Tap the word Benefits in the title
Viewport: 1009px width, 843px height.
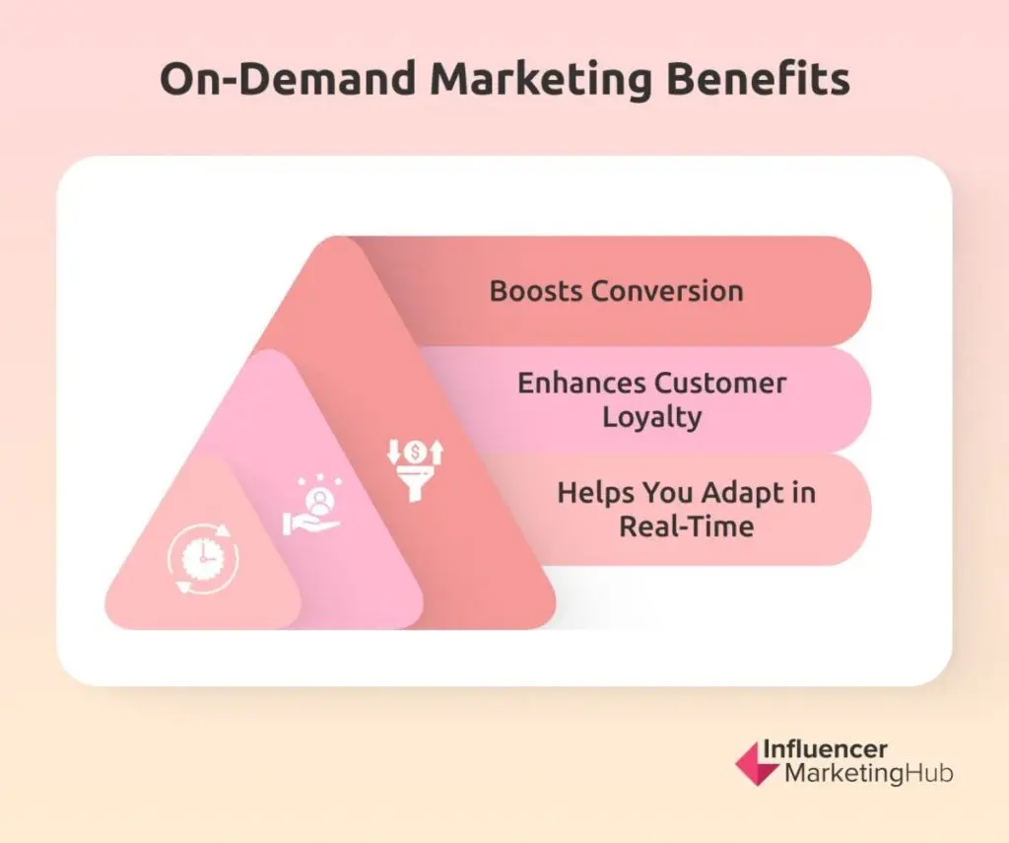pos(758,78)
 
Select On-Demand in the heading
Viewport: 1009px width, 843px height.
pos(288,79)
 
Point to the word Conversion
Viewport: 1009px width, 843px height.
pos(667,291)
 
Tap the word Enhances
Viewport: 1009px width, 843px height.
pos(581,384)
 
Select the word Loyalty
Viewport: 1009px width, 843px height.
pos(652,417)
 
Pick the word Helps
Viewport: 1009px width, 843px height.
pos(595,493)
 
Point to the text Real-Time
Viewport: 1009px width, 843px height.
pos(687,527)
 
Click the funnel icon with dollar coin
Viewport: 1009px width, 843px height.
pos(415,469)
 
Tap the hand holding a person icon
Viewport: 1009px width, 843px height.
pos(312,507)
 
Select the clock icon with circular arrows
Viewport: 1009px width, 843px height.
pos(203,558)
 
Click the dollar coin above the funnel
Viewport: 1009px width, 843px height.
pos(415,453)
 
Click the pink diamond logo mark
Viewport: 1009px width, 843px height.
pos(757,764)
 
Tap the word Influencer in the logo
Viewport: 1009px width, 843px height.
pos(825,749)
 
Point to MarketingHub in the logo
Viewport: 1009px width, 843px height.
pos(868,773)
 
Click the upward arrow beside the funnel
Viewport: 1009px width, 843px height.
pos(437,453)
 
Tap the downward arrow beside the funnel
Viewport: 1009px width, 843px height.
pos(393,453)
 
